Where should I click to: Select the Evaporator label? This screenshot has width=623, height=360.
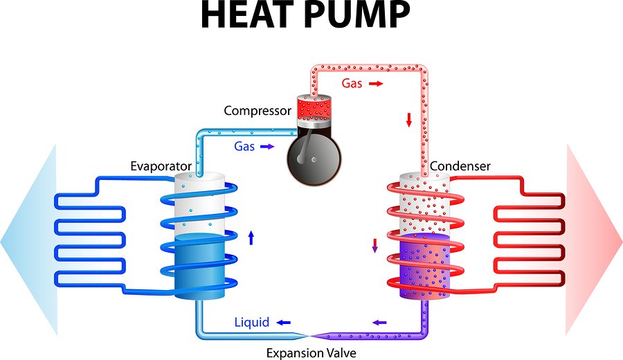(x=161, y=166)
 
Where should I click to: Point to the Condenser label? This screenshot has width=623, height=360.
(x=460, y=166)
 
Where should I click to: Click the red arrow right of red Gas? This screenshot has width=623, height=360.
(x=375, y=83)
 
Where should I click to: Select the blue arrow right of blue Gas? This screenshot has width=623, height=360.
(x=267, y=147)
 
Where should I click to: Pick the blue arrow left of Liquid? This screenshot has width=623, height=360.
(x=284, y=323)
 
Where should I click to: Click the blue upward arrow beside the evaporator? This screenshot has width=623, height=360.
(x=251, y=239)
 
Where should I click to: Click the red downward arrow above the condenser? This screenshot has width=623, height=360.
(x=409, y=119)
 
